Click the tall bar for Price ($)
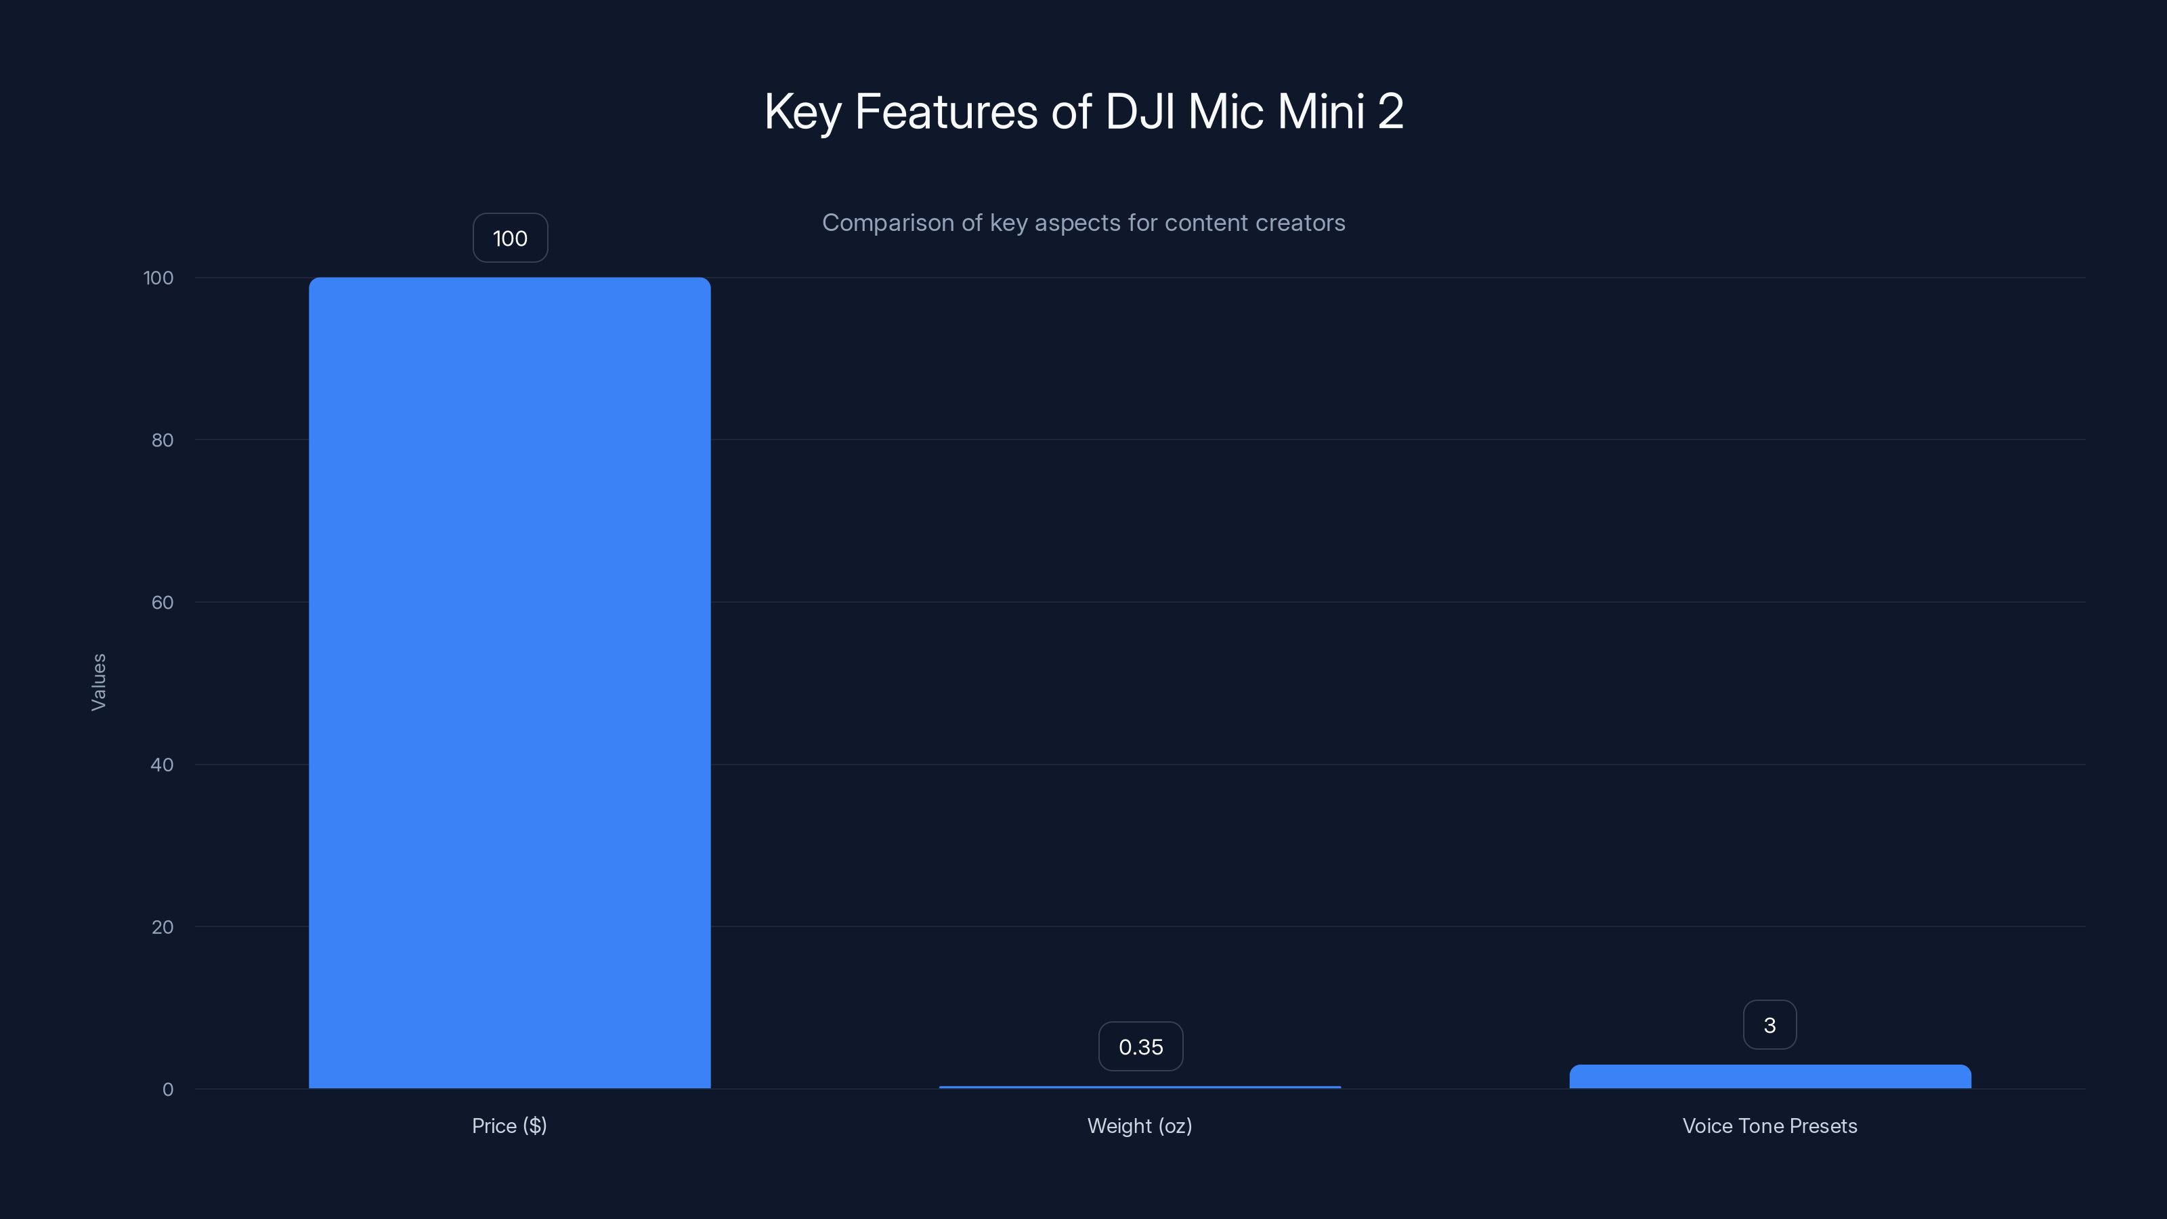509,682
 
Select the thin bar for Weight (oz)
1140,1087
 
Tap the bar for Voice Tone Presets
1770,1077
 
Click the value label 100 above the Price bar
510,238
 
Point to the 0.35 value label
1140,1046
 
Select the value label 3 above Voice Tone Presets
1770,1025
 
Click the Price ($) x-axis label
509,1126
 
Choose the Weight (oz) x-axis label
1140,1126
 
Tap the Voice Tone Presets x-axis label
1770,1126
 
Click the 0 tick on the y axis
167,1090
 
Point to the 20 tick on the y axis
163,927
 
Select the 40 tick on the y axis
163,765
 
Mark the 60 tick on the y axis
163,602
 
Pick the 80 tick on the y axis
163,440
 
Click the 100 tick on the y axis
158,278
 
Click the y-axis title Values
98,682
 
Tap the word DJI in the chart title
1140,111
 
